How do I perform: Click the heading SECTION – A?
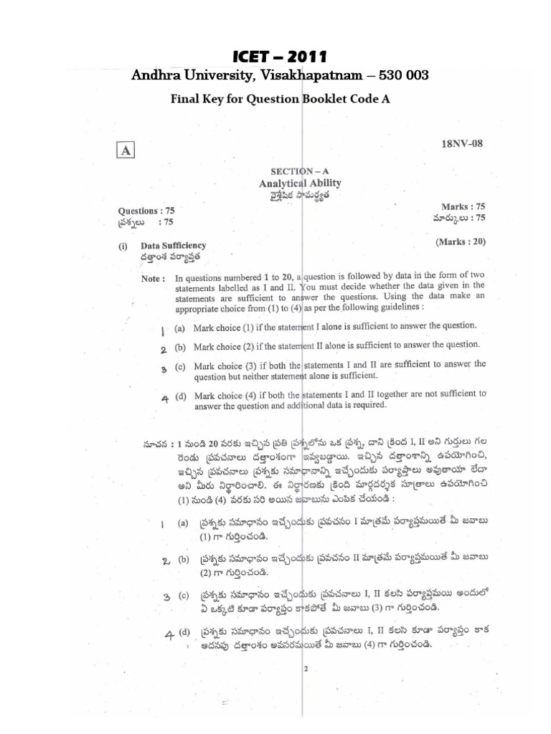296,173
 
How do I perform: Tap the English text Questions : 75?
146,211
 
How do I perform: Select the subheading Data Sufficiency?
173,245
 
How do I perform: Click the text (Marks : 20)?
461,242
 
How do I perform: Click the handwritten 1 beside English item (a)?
163,330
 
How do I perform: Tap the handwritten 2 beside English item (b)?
164,350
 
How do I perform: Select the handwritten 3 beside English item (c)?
164,368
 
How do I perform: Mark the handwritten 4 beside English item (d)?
164,400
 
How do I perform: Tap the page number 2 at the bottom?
305,669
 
